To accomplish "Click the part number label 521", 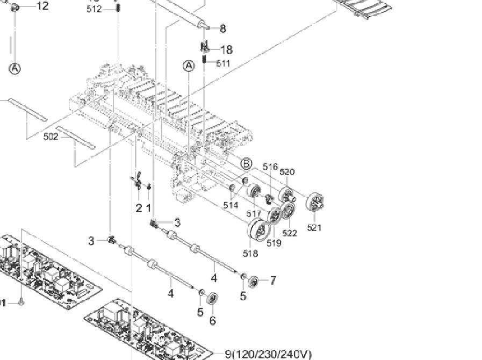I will (x=314, y=228).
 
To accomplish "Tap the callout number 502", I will (x=51, y=137).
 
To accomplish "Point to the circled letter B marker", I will (x=246, y=163).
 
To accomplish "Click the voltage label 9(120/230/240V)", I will (x=268, y=354).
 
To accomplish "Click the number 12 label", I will (x=42, y=6).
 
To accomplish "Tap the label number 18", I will (x=226, y=50).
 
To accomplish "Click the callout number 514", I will (x=231, y=205).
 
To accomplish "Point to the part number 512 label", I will (x=94, y=9).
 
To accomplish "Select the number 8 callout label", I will (x=223, y=29).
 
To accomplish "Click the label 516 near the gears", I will (x=270, y=167).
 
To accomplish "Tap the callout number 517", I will (x=254, y=214).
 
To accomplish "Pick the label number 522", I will (x=290, y=233).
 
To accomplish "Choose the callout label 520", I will (x=287, y=172).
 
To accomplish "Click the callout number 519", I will (x=274, y=243).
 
